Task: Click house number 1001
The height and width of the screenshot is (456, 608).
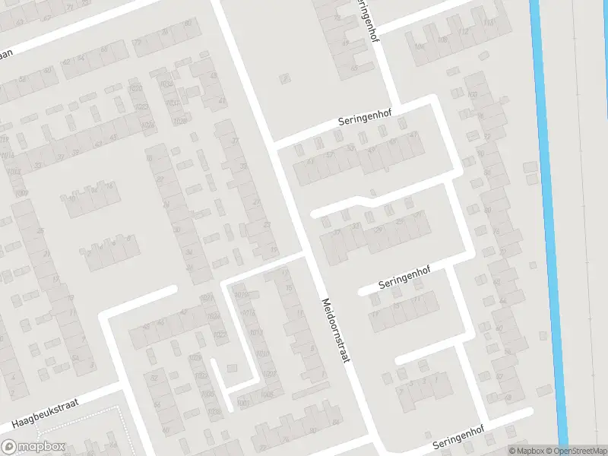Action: pyautogui.click(x=242, y=403)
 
